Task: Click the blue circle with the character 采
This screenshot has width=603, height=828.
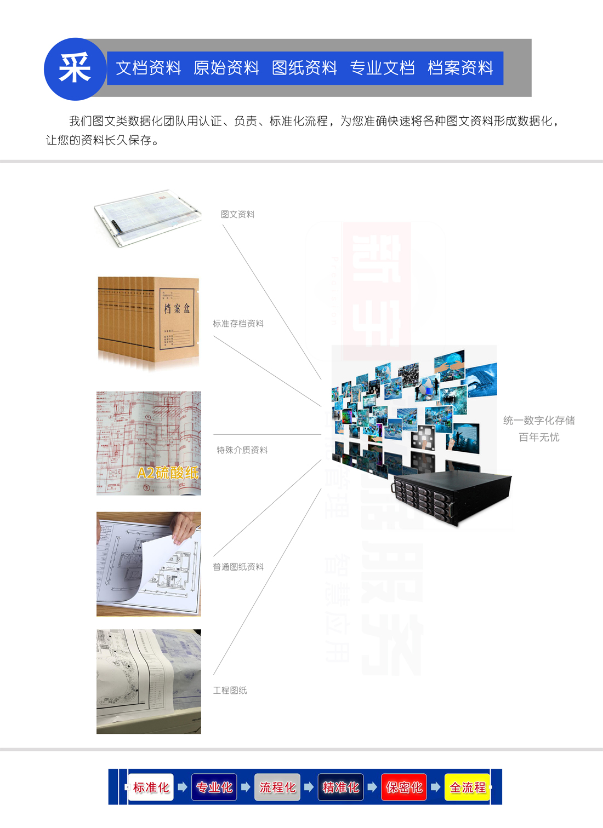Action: pyautogui.click(x=75, y=69)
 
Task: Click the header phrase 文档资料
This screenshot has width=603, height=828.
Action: pyautogui.click(x=149, y=68)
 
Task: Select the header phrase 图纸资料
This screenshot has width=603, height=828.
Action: pyautogui.click(x=304, y=68)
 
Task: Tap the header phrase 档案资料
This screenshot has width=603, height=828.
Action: pyautogui.click(x=460, y=68)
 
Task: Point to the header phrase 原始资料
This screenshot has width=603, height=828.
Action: pyautogui.click(x=226, y=68)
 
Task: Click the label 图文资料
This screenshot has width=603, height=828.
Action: pyautogui.click(x=237, y=214)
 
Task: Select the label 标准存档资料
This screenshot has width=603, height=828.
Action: pyautogui.click(x=238, y=324)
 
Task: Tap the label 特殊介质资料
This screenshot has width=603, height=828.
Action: pyautogui.click(x=242, y=450)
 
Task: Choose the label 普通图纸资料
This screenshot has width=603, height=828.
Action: pyautogui.click(x=238, y=567)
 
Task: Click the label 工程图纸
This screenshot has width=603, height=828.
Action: pyautogui.click(x=230, y=691)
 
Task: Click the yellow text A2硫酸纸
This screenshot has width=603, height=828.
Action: pyautogui.click(x=168, y=473)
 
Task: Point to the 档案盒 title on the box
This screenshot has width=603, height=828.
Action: pyautogui.click(x=177, y=309)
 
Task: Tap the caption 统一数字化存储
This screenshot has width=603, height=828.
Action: pyautogui.click(x=539, y=421)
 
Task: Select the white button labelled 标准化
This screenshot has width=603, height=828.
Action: pyautogui.click(x=151, y=787)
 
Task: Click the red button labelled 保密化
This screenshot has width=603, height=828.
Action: pyautogui.click(x=404, y=787)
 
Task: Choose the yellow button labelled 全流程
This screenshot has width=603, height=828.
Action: pyautogui.click(x=468, y=787)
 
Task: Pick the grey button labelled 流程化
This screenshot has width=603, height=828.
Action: pyautogui.click(x=277, y=787)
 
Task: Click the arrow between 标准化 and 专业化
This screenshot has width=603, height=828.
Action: pyautogui.click(x=183, y=787)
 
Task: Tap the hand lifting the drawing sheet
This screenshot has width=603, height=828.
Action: pyautogui.click(x=183, y=529)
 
